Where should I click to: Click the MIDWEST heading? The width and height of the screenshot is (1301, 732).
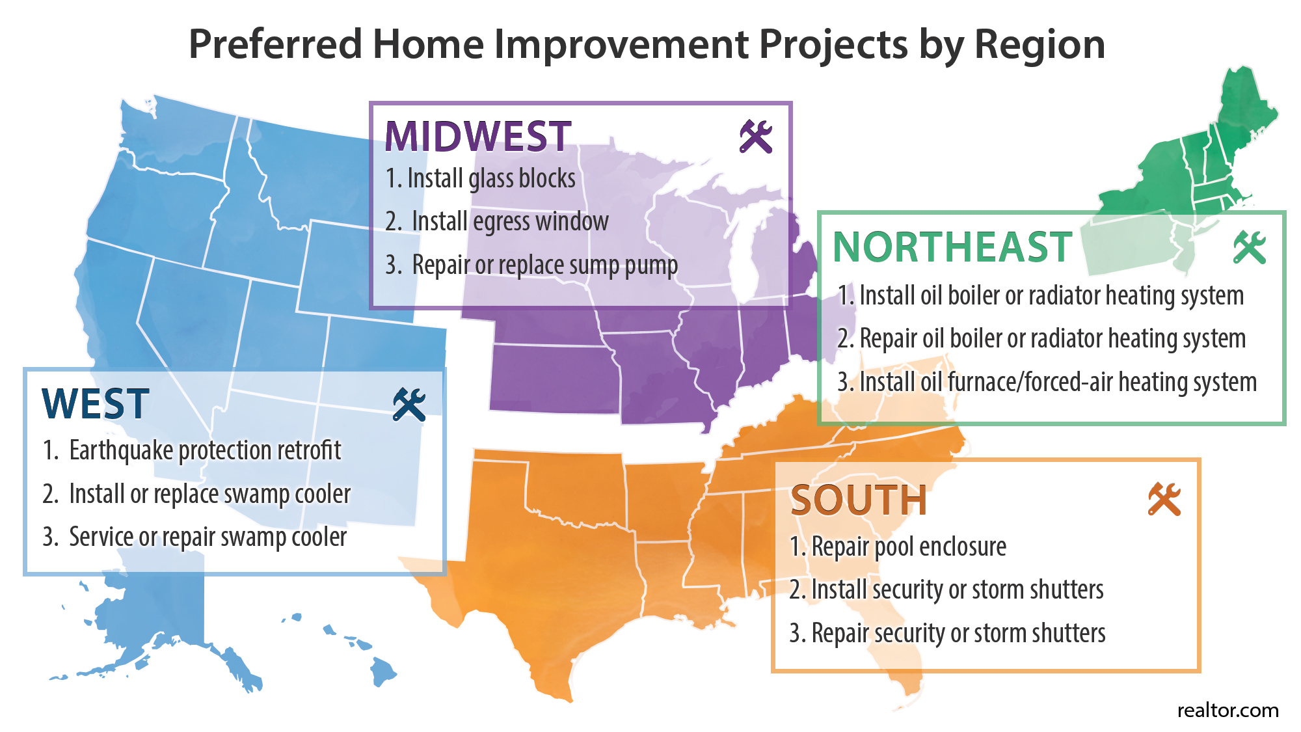click(478, 137)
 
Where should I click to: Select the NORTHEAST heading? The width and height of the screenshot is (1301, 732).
click(952, 247)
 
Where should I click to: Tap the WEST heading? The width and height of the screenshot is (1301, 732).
click(96, 404)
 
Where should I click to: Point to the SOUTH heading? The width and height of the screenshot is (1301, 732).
click(859, 500)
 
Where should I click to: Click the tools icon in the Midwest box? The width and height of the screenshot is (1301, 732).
click(756, 137)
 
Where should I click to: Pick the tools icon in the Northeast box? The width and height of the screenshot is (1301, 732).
click(1250, 247)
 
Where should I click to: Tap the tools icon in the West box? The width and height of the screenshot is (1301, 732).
click(409, 405)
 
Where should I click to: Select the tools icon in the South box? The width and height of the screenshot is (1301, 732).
click(1164, 500)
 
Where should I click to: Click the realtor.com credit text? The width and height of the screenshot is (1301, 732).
click(1228, 710)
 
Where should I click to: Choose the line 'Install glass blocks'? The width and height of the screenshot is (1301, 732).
click(481, 178)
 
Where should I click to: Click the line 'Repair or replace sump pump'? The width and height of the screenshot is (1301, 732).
click(531, 265)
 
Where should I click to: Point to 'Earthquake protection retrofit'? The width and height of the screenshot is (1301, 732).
click(192, 450)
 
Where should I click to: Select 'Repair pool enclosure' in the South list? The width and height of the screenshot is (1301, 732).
click(898, 547)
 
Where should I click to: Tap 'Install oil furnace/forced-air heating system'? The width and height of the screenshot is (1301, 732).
click(1047, 382)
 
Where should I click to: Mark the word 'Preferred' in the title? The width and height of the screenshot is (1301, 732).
click(275, 44)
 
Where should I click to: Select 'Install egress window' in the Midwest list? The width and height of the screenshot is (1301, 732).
click(497, 222)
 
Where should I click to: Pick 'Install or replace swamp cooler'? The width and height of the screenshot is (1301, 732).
click(196, 494)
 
